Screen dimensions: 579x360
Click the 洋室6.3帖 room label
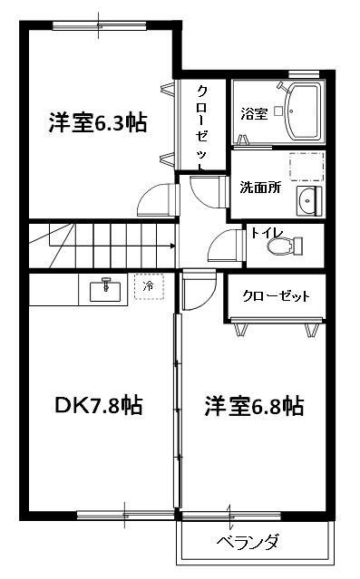pos(98,123)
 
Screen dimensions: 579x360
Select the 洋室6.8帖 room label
pos(253,406)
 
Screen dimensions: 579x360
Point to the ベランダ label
pos(247,544)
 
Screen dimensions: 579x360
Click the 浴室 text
pos(253,114)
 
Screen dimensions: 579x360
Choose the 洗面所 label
pos(260,188)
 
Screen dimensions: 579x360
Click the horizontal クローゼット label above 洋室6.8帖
pos(276,296)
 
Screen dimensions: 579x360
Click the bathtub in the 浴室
pos(303,111)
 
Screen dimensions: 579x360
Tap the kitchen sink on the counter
pos(107,290)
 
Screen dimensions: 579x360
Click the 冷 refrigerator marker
pos(148,287)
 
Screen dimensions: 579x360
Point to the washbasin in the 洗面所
pos(307,200)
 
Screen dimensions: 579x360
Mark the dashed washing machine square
pos(306,169)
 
